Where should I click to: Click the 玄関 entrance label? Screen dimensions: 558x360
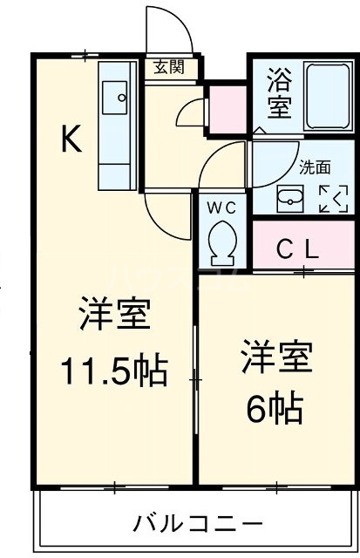pyautogui.click(x=171, y=68)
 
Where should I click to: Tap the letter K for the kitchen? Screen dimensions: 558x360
pyautogui.click(x=71, y=139)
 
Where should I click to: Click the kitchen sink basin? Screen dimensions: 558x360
pyautogui.click(x=113, y=98)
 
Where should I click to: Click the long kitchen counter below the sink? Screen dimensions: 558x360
pyautogui.click(x=113, y=153)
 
